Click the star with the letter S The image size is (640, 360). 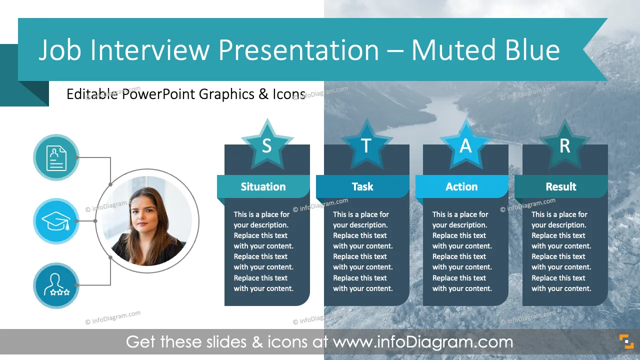(x=267, y=145)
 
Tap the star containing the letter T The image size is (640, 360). (x=366, y=145)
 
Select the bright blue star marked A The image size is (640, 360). (x=465, y=145)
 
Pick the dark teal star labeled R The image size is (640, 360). (x=565, y=145)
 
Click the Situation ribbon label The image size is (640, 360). (x=263, y=186)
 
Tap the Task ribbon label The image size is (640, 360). (x=362, y=186)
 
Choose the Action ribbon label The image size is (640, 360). (x=461, y=186)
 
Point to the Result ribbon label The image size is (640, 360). (x=561, y=186)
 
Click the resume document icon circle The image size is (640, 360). (x=56, y=157)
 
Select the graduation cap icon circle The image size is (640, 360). (x=56, y=221)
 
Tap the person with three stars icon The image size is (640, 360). (x=56, y=285)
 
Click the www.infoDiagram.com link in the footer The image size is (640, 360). (x=423, y=341)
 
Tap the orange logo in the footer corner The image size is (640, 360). (x=626, y=341)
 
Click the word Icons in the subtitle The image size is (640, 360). (x=289, y=94)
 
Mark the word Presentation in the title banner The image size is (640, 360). (x=298, y=50)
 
